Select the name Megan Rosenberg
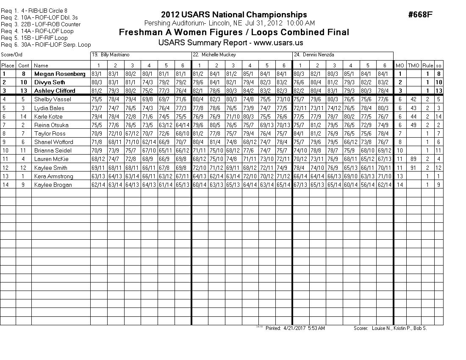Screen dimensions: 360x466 tap(60, 74)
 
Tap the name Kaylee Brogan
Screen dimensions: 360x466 tap(53, 185)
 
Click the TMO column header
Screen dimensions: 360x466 tap(413, 66)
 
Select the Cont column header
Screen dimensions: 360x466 tap(24, 66)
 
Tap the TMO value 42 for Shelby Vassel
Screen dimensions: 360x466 tap(413, 100)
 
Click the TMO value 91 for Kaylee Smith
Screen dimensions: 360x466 tap(413, 168)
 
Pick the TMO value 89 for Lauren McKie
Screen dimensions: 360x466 tap(413, 159)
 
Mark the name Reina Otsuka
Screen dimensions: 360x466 tap(51, 125)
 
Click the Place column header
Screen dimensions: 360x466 tap(8, 66)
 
